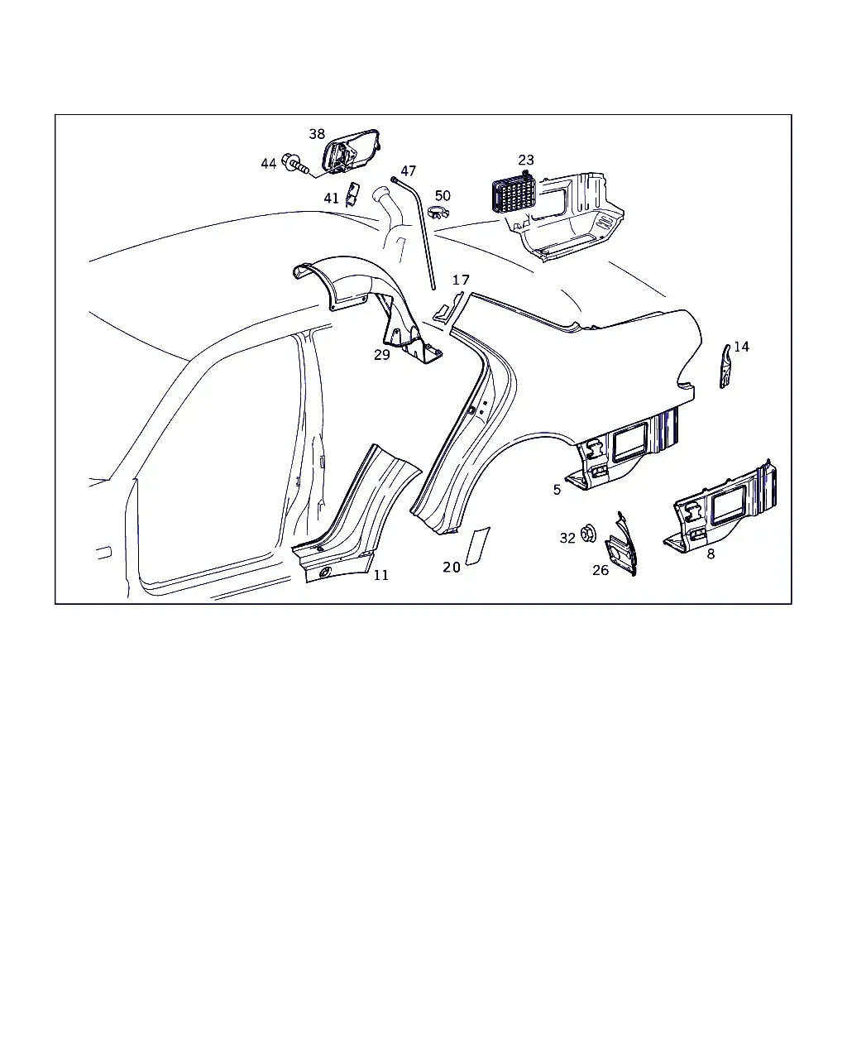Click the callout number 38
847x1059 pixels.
pyautogui.click(x=317, y=134)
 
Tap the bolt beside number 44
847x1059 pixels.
pyautogui.click(x=295, y=163)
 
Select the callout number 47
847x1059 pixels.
pyautogui.click(x=408, y=170)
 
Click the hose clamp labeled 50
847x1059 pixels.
pyautogui.click(x=441, y=213)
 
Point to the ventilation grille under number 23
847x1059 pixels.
pyautogui.click(x=514, y=193)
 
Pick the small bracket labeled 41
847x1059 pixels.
pyautogui.click(x=352, y=194)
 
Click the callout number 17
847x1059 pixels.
pyautogui.click(x=461, y=280)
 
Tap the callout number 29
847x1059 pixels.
pyautogui.click(x=381, y=354)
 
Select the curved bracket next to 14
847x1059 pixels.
pyautogui.click(x=725, y=367)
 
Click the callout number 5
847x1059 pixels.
pyautogui.click(x=557, y=490)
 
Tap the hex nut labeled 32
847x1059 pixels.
pyautogui.click(x=588, y=534)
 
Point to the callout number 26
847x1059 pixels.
pyautogui.click(x=601, y=570)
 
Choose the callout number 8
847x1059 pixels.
pyautogui.click(x=711, y=554)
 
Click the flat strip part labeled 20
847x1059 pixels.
pyautogui.click(x=478, y=546)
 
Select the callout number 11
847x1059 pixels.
pyautogui.click(x=381, y=575)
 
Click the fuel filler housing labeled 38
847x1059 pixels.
pyautogui.click(x=351, y=151)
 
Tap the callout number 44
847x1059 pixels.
pyautogui.click(x=269, y=164)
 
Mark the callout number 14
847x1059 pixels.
pyautogui.click(x=741, y=347)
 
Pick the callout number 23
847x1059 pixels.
pyautogui.click(x=526, y=160)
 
